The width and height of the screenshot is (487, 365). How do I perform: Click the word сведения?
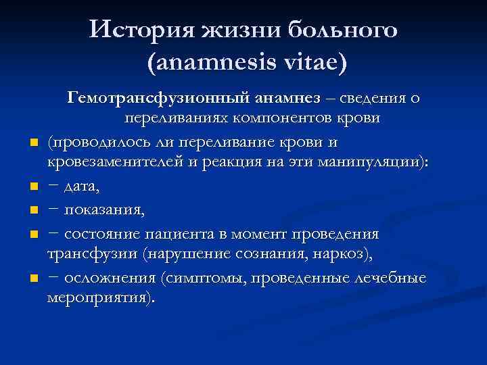point(379,99)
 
